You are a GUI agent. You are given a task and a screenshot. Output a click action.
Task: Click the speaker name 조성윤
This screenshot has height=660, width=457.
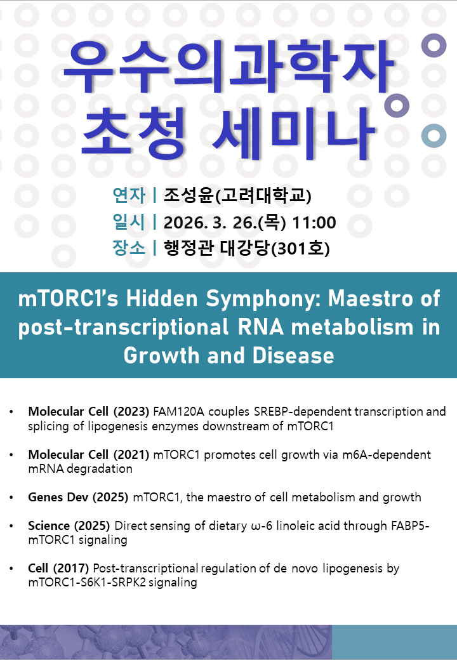[x=189, y=195]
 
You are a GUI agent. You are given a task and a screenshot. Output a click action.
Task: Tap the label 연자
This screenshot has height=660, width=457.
[x=129, y=195]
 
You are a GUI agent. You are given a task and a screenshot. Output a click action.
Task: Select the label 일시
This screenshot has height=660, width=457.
[x=129, y=222]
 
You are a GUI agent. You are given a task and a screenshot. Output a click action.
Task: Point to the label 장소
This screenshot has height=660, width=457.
[x=129, y=247]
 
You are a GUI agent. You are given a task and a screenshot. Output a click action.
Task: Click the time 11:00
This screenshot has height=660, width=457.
[x=314, y=223]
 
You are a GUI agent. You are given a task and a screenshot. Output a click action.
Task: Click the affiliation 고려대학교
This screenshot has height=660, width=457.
[x=263, y=195]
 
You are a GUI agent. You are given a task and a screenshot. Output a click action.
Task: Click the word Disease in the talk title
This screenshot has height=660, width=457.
[x=293, y=355]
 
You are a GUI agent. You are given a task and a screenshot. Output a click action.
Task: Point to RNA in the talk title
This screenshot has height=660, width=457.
[x=260, y=327]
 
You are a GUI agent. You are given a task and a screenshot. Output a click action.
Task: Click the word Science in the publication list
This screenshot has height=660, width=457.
[x=49, y=525]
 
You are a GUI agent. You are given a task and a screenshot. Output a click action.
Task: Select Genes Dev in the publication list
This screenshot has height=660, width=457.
[x=58, y=497]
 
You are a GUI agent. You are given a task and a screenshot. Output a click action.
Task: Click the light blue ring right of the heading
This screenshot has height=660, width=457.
[x=434, y=136]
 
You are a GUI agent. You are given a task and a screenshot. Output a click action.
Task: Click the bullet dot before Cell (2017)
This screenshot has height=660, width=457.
[x=11, y=569]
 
